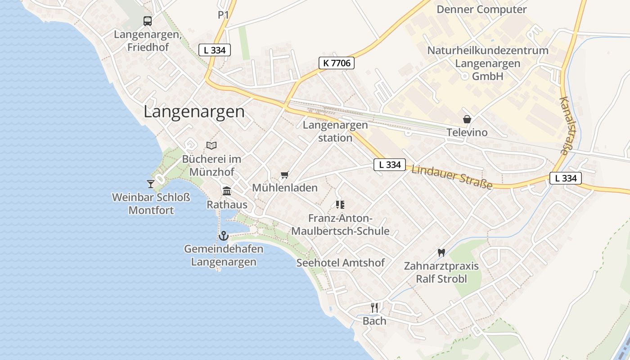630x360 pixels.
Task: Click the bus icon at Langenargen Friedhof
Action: [x=148, y=21]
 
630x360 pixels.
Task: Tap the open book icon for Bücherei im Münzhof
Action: [x=211, y=145]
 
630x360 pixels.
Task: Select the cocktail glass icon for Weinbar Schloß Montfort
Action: [x=151, y=184]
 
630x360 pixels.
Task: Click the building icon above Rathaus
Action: [x=227, y=191]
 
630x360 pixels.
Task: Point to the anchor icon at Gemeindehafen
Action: [x=223, y=235]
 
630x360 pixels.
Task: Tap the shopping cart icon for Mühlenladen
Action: [x=284, y=175]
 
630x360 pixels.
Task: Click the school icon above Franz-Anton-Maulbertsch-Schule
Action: [x=340, y=205]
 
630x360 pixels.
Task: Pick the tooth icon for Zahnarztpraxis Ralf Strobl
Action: [x=441, y=253]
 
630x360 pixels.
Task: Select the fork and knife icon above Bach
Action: [x=374, y=307]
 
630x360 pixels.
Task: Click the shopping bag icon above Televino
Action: [x=467, y=119]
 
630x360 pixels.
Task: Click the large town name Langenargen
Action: [x=194, y=112]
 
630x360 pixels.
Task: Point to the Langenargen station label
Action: [x=335, y=131]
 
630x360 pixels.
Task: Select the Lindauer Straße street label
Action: [x=451, y=177]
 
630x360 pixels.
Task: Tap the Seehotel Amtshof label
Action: [x=341, y=263]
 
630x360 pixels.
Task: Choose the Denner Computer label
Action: [x=481, y=9]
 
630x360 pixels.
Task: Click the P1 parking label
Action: [x=224, y=15]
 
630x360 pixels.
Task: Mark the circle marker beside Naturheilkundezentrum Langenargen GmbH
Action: [x=464, y=76]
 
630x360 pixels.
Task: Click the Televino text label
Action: [x=467, y=132]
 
